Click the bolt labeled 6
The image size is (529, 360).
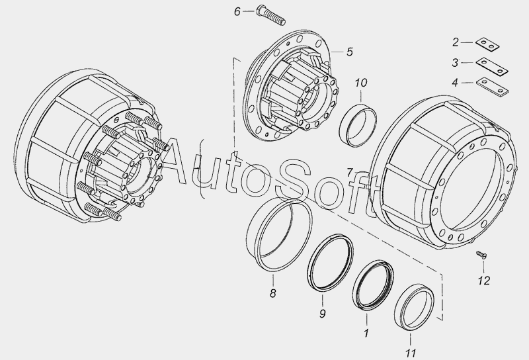271,15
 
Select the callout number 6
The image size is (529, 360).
237,12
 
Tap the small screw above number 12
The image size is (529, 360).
481,254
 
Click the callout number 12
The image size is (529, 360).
483,281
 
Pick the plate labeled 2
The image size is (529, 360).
487,44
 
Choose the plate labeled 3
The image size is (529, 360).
492,67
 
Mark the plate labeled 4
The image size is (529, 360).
492,87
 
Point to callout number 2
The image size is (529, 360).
456,42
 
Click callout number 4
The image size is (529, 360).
455,83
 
